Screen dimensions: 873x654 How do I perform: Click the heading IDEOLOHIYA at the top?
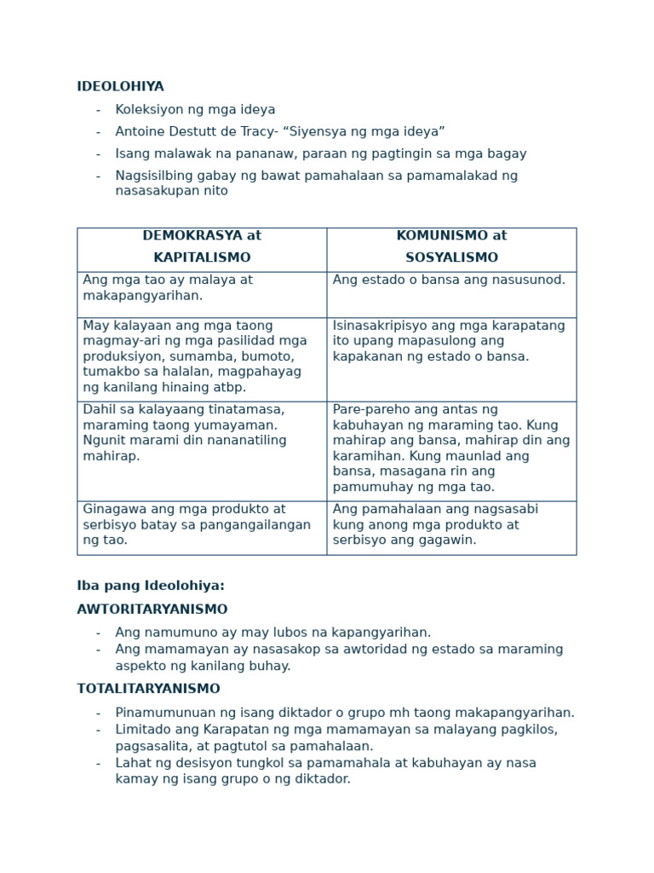coord(120,87)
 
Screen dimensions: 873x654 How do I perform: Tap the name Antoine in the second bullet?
coord(141,132)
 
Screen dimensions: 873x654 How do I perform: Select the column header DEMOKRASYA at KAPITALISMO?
coord(202,247)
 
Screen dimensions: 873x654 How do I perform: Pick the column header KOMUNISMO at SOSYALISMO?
coord(451,247)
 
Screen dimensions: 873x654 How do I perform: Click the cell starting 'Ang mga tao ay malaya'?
coord(168,288)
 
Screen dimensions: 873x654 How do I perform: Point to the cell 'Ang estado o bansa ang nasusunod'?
coord(449,280)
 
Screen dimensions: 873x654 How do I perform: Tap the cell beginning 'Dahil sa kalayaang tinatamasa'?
coord(184,433)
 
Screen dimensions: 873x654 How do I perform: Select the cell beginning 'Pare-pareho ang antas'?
coord(450,448)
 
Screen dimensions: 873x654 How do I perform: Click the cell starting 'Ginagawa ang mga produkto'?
coord(197,524)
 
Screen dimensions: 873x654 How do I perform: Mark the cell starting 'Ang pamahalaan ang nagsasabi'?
coord(435,524)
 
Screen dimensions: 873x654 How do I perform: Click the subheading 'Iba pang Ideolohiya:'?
coord(151,587)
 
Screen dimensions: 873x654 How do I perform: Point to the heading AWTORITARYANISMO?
coord(152,610)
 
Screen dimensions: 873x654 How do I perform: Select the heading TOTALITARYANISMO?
coord(148,690)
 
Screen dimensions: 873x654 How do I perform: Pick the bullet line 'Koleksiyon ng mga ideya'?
coord(195,110)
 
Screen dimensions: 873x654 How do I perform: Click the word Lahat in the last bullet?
coord(133,764)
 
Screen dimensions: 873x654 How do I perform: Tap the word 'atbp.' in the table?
coord(228,388)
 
